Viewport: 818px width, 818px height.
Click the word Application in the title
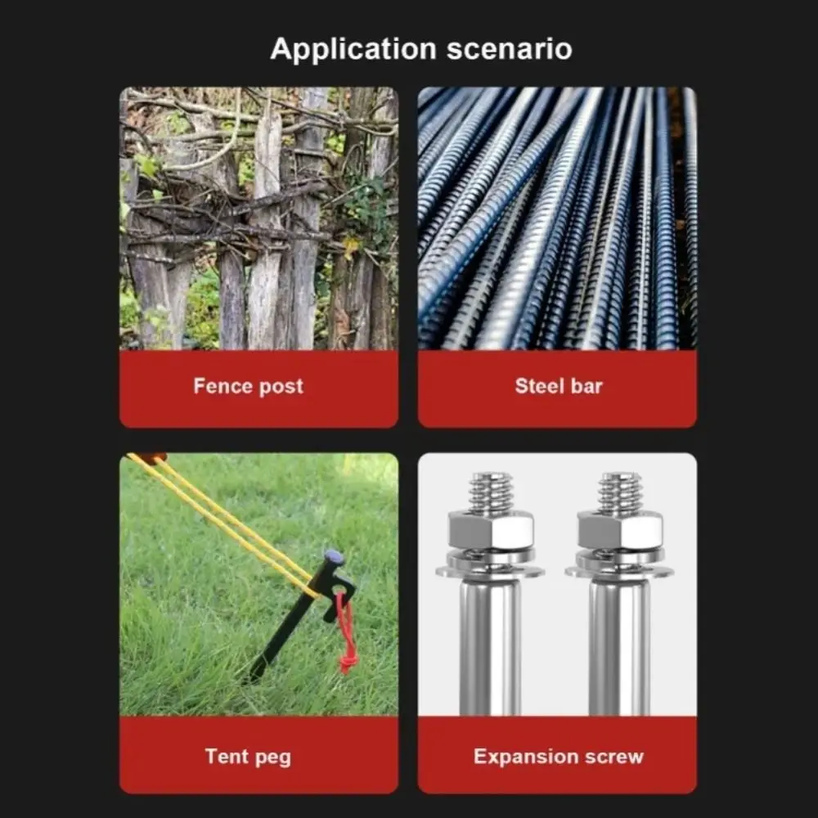(x=353, y=50)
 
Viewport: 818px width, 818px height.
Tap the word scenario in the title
(x=509, y=49)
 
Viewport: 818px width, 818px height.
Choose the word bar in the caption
(x=587, y=386)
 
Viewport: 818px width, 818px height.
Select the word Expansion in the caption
(x=525, y=757)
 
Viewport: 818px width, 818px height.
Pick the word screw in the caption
(x=614, y=757)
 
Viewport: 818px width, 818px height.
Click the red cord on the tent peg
(x=345, y=634)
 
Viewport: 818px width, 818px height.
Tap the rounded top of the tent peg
(x=334, y=557)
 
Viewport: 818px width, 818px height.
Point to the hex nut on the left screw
(x=490, y=530)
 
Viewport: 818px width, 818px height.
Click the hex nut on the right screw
(x=620, y=530)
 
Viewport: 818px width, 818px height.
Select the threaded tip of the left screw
(x=490, y=492)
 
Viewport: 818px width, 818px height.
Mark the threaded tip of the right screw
(x=620, y=492)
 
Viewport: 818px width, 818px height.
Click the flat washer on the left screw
(x=490, y=571)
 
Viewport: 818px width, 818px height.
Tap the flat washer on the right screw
(x=620, y=571)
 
